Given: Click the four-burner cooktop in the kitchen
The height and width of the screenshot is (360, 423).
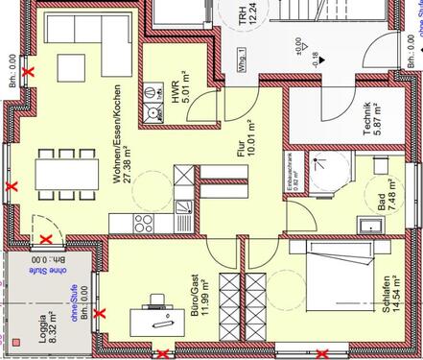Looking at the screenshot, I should pyautogui.click(x=145, y=223).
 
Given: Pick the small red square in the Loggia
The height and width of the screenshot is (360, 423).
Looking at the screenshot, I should pyautogui.click(x=16, y=341).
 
